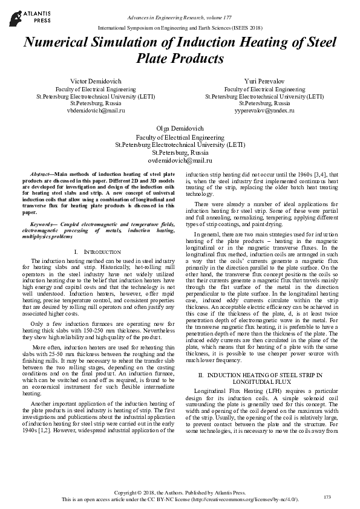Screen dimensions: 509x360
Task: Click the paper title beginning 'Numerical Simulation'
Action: tap(180, 50)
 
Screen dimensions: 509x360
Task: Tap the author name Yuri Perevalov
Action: tap(264, 80)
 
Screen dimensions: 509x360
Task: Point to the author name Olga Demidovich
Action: tap(180, 129)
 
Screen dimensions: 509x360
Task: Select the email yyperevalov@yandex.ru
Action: tap(264, 111)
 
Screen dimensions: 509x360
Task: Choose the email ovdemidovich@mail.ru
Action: tap(180, 160)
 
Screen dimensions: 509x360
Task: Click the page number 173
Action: tap(327, 497)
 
